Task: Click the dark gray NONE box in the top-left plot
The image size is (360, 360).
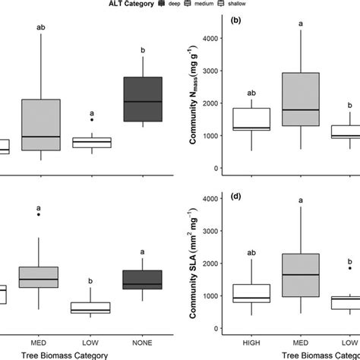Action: coord(143,99)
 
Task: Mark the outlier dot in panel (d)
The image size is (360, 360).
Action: coord(349,268)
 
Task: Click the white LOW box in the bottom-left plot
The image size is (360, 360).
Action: coord(91,308)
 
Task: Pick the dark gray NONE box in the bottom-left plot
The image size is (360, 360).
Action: coord(143,279)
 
